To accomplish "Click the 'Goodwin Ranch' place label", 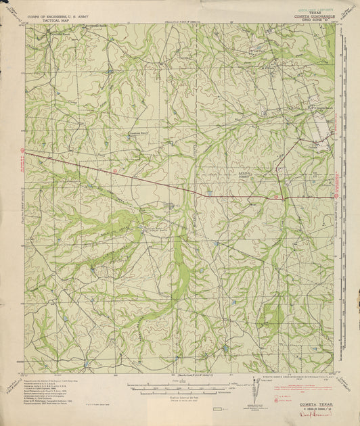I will pyautogui.click(x=139, y=133).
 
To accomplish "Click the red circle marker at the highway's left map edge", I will pyautogui.click(x=22, y=150).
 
